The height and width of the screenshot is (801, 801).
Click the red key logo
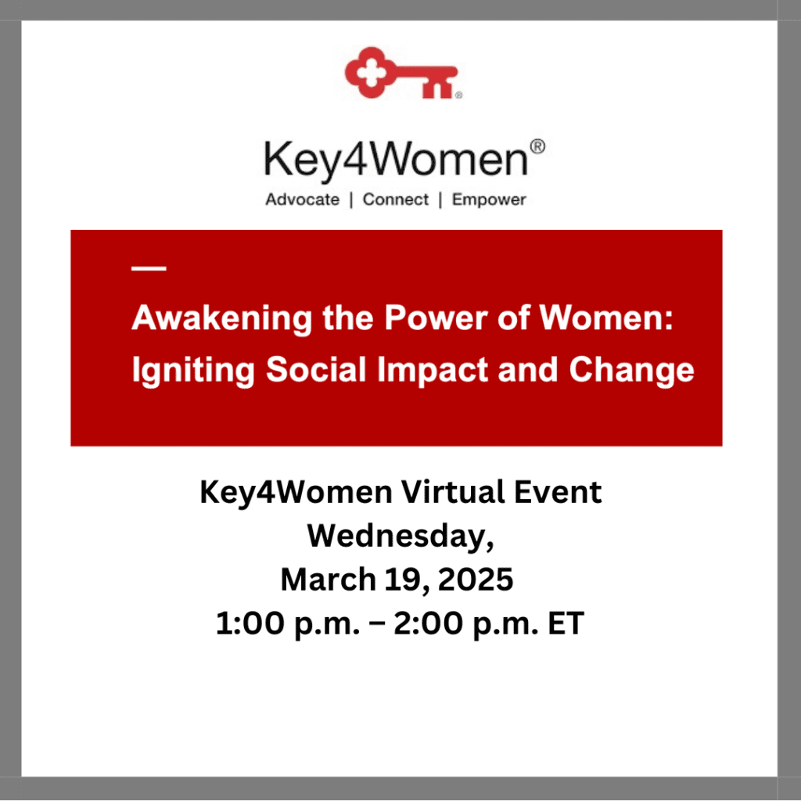[x=401, y=73]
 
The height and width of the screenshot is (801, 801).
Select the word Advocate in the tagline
[x=303, y=199]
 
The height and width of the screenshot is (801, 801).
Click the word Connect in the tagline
[x=395, y=199]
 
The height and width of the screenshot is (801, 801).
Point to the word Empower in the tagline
[x=489, y=199]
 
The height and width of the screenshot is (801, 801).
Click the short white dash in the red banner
[x=149, y=268]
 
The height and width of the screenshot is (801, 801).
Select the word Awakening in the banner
[x=221, y=318]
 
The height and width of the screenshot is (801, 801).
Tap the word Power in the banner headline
[x=436, y=318]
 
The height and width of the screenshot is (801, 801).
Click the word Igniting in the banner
[x=193, y=370]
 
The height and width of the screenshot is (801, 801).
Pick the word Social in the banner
[x=316, y=369]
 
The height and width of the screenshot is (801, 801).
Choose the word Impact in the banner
[x=433, y=370]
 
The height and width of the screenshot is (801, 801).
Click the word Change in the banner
[x=631, y=370]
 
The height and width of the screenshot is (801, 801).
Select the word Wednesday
[x=400, y=537]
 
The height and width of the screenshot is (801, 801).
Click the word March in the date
[x=329, y=580]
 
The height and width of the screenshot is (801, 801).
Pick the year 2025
[x=476, y=580]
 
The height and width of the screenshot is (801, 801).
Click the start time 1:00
[x=250, y=623]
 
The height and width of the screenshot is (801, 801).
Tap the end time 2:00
[x=428, y=623]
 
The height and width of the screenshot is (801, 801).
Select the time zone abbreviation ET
[x=566, y=623]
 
